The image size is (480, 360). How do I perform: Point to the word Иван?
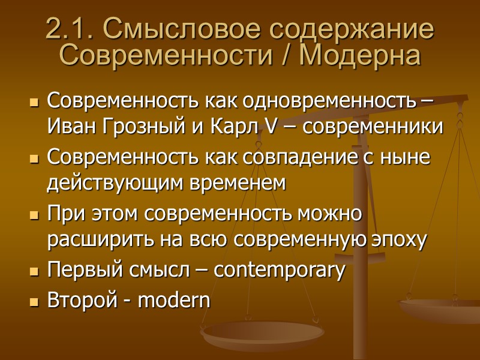tap(65, 127)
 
